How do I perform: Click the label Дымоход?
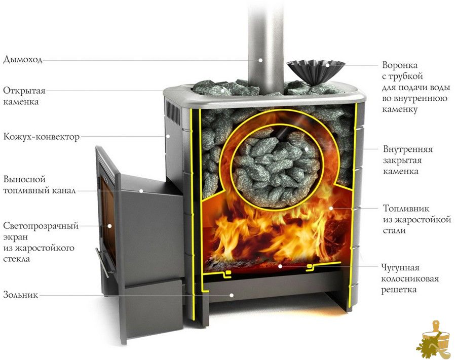(23, 60)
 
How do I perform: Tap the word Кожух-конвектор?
(42, 137)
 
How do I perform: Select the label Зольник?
(21, 295)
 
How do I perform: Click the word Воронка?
(400, 65)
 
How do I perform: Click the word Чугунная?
(400, 268)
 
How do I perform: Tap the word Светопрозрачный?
(41, 226)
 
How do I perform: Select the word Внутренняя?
(408, 149)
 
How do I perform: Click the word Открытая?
(24, 91)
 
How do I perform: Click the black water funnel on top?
(316, 72)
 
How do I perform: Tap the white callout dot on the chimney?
(260, 60)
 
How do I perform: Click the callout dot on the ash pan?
(232, 295)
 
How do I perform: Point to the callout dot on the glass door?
(110, 226)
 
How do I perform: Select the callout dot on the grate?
(280, 266)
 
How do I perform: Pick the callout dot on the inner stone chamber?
(306, 149)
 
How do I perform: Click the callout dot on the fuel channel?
(141, 191)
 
